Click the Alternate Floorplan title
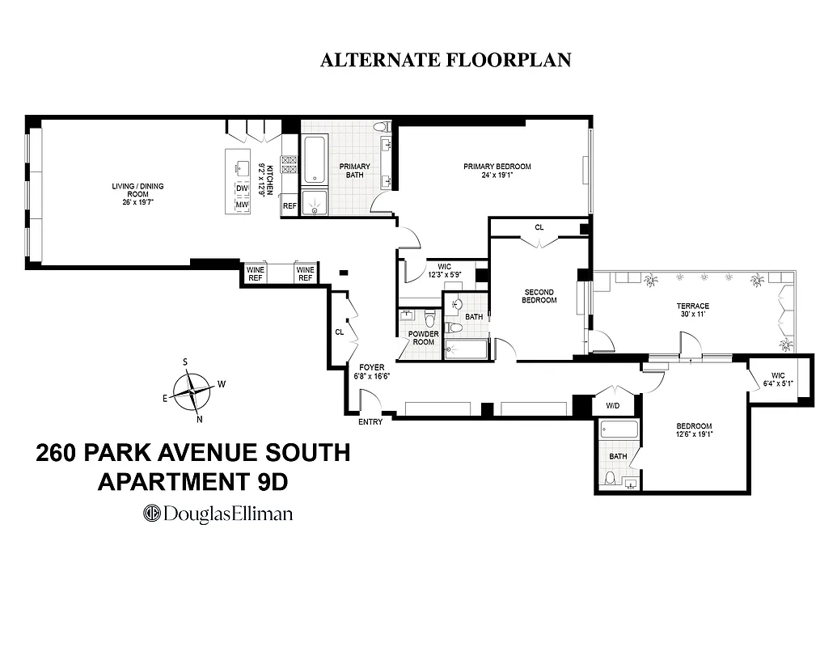pyautogui.click(x=446, y=61)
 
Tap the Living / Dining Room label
pyautogui.click(x=137, y=192)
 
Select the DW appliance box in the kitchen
pyautogui.click(x=242, y=188)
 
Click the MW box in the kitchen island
pyautogui.click(x=242, y=205)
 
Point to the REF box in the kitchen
pyautogui.click(x=290, y=206)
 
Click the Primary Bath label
pyautogui.click(x=354, y=171)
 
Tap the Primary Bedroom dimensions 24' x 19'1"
pyautogui.click(x=497, y=175)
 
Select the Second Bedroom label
pyautogui.click(x=540, y=296)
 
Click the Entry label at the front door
pyautogui.click(x=370, y=423)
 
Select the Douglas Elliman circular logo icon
pyautogui.click(x=152, y=513)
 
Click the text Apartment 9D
pyautogui.click(x=192, y=482)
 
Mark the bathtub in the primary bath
pyautogui.click(x=313, y=160)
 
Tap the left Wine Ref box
pyautogui.click(x=256, y=273)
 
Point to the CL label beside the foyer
pyautogui.click(x=340, y=332)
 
